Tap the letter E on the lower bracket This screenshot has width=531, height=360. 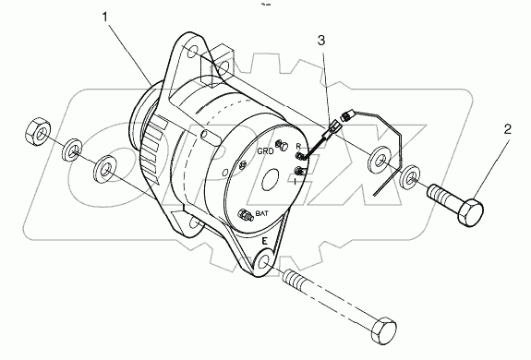click(264, 241)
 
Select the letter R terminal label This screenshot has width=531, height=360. click(297, 146)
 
